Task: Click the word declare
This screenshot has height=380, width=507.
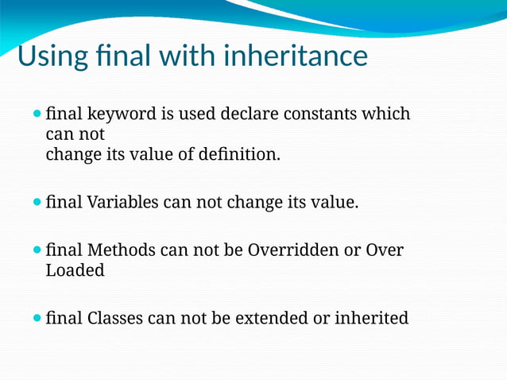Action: pos(230,114)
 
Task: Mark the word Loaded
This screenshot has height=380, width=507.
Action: pos(75,270)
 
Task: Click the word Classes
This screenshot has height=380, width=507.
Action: pos(114,319)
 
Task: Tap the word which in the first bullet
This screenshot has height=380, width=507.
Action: pos(385,114)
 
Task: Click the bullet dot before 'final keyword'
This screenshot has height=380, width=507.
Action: pos(37,114)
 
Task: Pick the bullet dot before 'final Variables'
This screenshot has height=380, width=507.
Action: pos(37,203)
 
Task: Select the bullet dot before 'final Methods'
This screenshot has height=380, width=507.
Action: pos(37,250)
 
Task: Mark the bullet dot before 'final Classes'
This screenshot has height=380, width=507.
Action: pos(37,319)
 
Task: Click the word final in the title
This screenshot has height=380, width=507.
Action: pos(125,56)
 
